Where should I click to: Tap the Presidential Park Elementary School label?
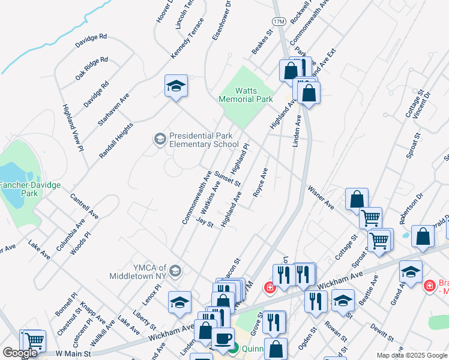[x=204, y=140]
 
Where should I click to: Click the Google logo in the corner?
[x=20, y=353]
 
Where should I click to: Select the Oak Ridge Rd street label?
[x=91, y=68]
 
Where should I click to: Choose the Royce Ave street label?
[x=260, y=184]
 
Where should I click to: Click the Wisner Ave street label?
[x=321, y=197]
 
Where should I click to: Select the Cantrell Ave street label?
[x=84, y=205]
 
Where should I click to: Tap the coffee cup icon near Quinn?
[x=223, y=338]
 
